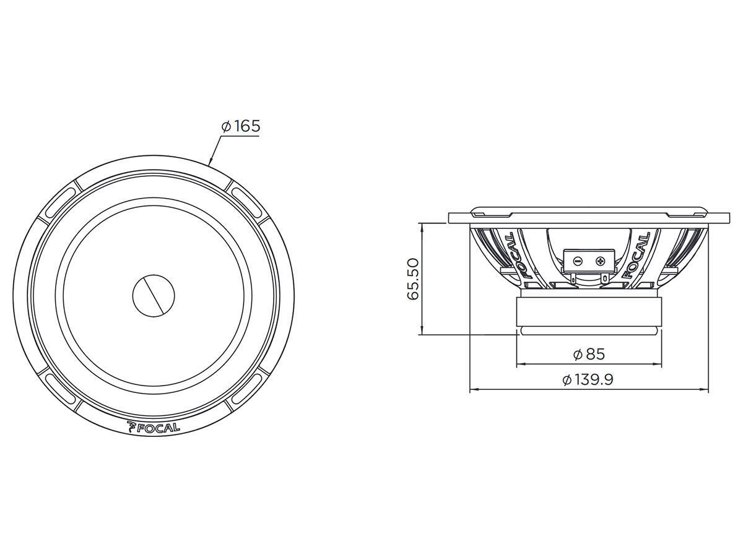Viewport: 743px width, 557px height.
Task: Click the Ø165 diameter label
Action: pos(241,127)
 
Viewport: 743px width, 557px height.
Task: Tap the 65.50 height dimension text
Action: pos(413,278)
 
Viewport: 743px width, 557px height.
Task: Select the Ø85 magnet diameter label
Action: pos(588,354)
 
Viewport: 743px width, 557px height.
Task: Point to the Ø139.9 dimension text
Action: pos(588,380)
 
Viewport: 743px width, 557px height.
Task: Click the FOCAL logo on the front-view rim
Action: pos(153,426)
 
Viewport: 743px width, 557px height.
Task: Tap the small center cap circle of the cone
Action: pos(154,294)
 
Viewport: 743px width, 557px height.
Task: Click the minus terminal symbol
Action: pos(576,261)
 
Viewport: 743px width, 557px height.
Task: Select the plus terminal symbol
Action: pos(599,261)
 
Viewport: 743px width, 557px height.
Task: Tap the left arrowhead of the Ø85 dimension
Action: pos(519,365)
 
